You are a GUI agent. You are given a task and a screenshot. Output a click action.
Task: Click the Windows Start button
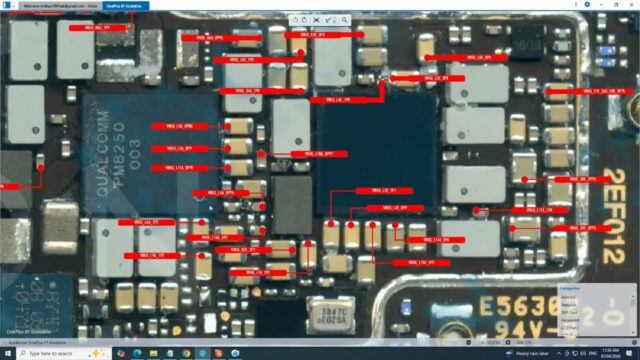(7, 354)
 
